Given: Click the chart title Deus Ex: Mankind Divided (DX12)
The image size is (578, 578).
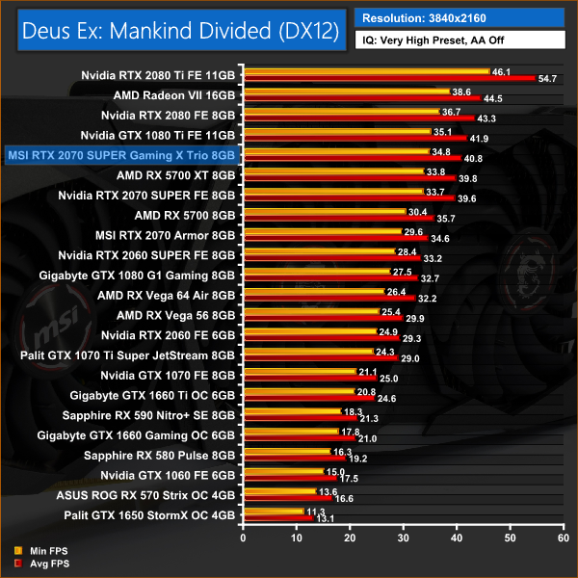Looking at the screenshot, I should [176, 31].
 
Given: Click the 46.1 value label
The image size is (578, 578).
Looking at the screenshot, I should [501, 71].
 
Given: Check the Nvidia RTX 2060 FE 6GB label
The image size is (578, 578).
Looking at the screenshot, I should [168, 335].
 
